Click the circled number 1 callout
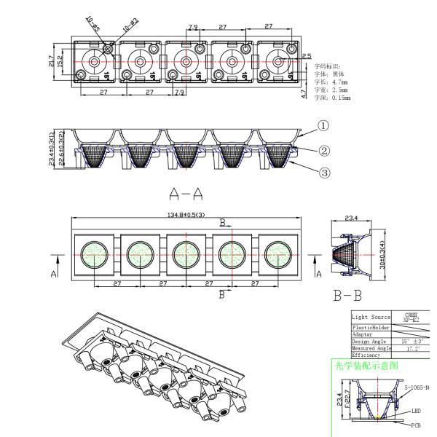pos(323,125)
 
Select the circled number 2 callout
pos(323,151)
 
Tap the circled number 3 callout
pos(323,173)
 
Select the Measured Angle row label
pos(371,348)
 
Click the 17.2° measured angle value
pos(409,348)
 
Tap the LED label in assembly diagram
pos(415,411)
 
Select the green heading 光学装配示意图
pos(363,364)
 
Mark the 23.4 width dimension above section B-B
pos(350,216)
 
